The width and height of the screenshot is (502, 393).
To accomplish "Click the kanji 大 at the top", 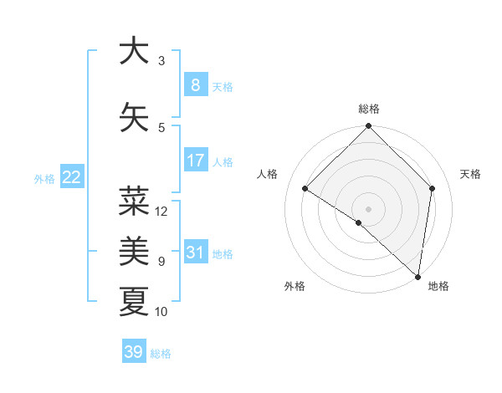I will click(134, 51).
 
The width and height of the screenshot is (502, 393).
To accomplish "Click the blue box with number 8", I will click(195, 84).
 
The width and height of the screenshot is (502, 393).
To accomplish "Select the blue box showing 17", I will click(195, 160).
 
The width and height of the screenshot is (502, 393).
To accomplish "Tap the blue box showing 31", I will click(195, 252).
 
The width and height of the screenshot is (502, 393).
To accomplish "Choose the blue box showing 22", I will click(72, 176).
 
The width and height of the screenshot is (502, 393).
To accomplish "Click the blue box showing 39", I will click(134, 352).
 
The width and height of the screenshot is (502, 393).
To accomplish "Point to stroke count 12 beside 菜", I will click(162, 212).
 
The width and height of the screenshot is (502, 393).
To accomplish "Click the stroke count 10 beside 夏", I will click(162, 312).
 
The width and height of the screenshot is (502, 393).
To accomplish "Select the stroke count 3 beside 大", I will click(161, 61).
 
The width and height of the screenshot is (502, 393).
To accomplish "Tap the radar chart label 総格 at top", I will click(369, 109).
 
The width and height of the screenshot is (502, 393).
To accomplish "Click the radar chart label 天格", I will click(470, 174).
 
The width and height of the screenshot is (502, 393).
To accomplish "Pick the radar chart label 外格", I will click(295, 286).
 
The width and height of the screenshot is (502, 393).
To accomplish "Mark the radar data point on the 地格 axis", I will click(418, 277).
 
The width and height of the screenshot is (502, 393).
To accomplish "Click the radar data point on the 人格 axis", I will click(305, 189).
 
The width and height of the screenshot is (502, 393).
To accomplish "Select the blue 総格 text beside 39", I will click(161, 354).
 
